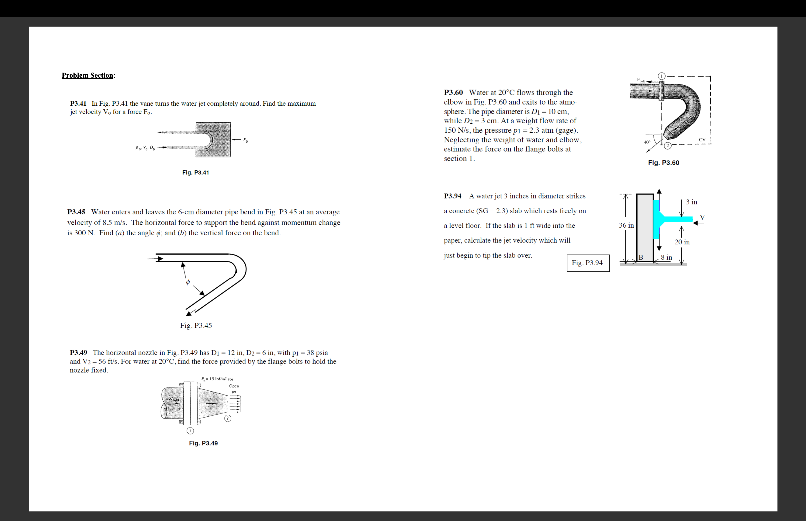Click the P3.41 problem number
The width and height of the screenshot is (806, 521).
tap(78, 104)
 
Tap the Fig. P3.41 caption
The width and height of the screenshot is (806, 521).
tap(195, 173)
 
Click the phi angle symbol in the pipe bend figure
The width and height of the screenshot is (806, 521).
tap(188, 281)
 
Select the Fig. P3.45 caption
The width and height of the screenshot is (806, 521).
tap(196, 326)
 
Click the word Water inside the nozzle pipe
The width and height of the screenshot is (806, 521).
tap(174, 399)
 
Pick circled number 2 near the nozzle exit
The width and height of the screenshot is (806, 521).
tap(228, 418)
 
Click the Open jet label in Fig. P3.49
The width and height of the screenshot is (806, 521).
tap(234, 388)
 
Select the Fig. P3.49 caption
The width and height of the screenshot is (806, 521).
tap(203, 443)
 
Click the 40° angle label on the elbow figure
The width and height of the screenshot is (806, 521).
tap(647, 142)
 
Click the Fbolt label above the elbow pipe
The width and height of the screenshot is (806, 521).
tap(641, 80)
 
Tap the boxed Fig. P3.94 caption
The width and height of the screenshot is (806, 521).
tap(588, 263)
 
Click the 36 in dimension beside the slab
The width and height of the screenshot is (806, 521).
tap(626, 225)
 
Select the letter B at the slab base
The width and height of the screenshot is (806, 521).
tap(641, 257)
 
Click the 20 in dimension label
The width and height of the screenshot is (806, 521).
tap(682, 242)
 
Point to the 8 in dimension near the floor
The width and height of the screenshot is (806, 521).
tap(666, 257)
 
